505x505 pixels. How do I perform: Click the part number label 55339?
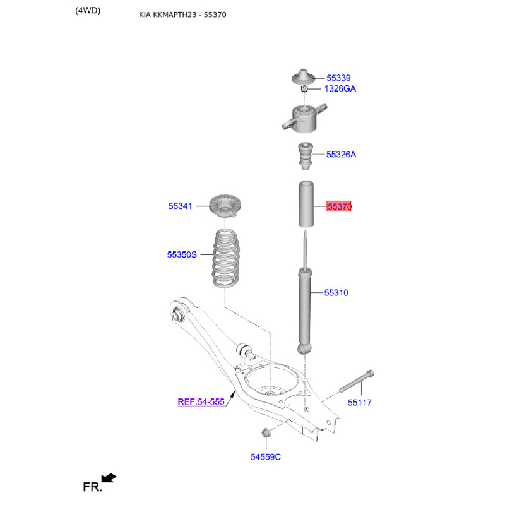tap(338, 78)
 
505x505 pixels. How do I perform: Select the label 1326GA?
tap(340, 88)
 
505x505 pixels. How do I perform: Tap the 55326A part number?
tap(341, 154)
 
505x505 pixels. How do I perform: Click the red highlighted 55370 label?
tap(339, 206)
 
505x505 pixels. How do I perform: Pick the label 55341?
tap(180, 206)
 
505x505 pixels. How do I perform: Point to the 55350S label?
tap(182, 255)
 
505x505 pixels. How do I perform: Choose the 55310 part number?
tap(336, 293)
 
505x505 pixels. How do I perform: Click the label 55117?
tap(359, 403)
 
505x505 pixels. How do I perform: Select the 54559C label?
tap(266, 457)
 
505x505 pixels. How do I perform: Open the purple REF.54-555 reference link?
tap(201, 402)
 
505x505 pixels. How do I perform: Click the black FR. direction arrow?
tap(109, 478)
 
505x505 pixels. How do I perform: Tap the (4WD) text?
tap(88, 11)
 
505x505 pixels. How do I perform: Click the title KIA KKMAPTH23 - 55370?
tap(182, 15)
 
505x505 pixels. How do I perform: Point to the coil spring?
tap(225, 258)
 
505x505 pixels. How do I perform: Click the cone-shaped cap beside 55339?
tap(303, 76)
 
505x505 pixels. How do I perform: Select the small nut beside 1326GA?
tap(304, 88)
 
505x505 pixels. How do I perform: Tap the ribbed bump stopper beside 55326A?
tap(305, 156)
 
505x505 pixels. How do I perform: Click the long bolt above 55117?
tap(357, 381)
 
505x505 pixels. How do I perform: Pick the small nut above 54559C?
tap(266, 433)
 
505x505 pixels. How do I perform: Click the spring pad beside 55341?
tap(225, 206)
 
